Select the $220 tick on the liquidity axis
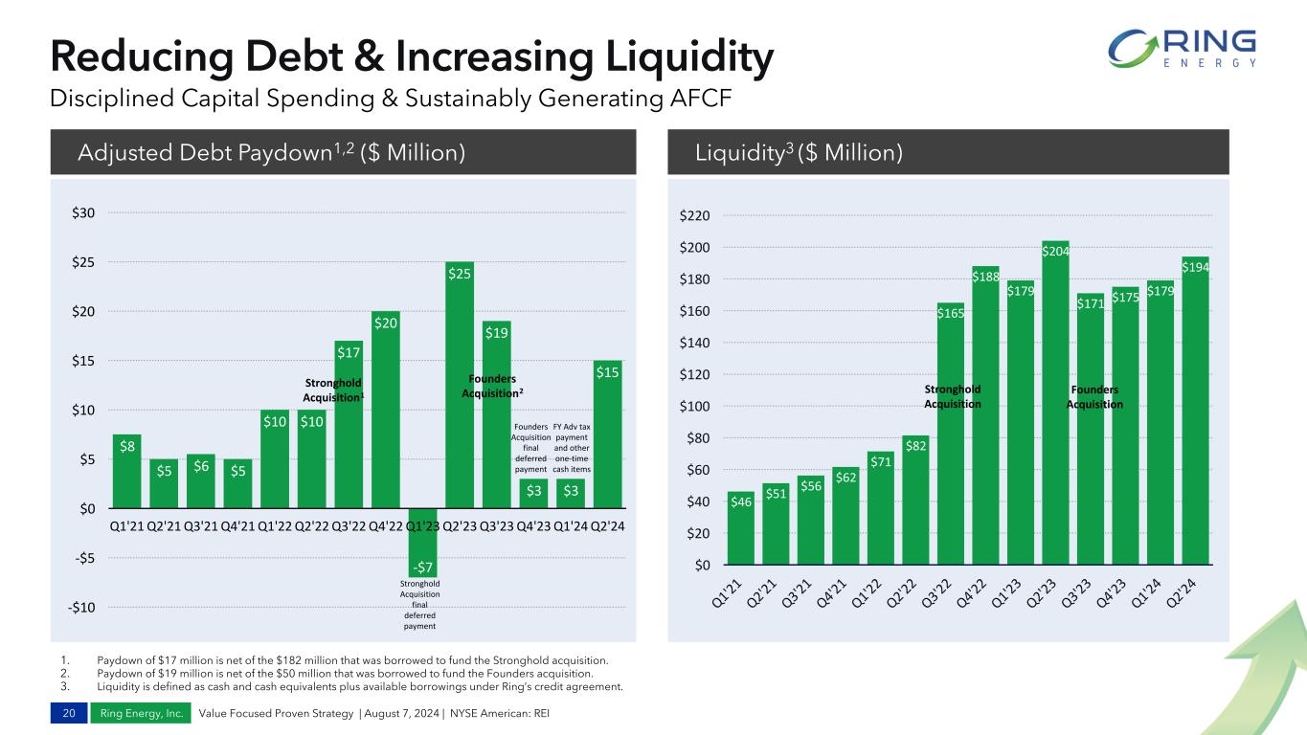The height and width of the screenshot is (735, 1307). click(696, 216)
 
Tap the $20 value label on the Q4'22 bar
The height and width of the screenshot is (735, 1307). click(386, 323)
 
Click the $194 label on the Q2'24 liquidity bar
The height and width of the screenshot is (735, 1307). click(1194, 268)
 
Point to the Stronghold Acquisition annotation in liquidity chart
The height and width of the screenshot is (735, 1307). click(953, 396)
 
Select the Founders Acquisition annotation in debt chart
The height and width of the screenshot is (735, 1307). click(493, 387)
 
